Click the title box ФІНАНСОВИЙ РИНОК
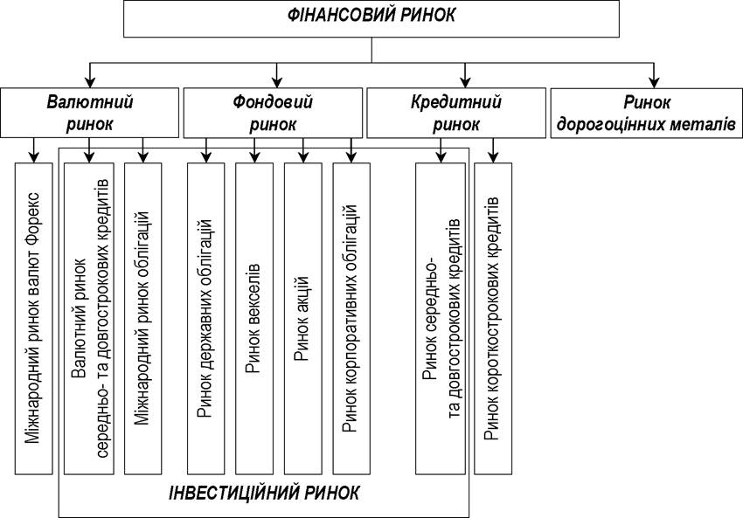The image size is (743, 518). point(371,18)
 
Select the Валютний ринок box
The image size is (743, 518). point(89,113)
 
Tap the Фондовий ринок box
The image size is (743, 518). point(273,113)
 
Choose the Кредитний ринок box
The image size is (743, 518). point(456,113)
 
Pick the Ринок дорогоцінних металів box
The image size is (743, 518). point(646,113)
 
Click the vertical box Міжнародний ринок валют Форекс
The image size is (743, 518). point(33,319)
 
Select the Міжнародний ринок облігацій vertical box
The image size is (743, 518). point(142,319)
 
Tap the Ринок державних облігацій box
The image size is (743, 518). point(205,319)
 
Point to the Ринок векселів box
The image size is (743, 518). point(254,319)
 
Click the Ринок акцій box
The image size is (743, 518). point(302,319)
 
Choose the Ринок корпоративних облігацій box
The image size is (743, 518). point(351,319)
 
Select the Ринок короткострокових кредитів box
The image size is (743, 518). point(493,319)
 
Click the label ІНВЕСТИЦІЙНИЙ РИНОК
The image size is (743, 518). point(264,494)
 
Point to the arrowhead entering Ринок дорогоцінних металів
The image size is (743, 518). point(655,82)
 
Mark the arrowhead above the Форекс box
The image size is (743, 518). point(33,157)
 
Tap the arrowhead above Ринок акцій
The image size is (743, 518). point(302,157)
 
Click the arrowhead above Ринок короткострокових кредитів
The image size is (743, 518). point(493,157)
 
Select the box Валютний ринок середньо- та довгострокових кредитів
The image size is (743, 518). point(89,319)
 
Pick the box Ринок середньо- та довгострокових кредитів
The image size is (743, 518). point(441,319)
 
